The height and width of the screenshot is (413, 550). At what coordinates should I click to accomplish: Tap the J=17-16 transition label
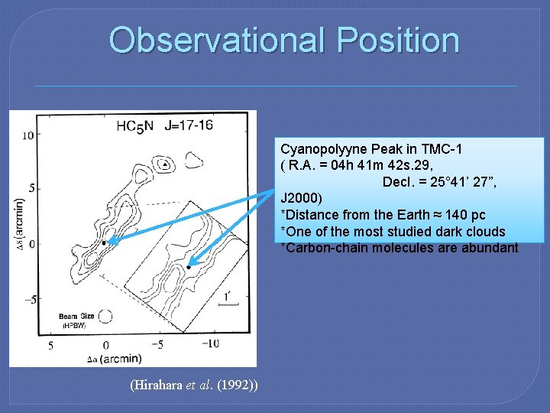pyautogui.click(x=188, y=125)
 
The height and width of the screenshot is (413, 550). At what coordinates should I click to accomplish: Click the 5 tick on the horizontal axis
pyautogui.click(x=50, y=345)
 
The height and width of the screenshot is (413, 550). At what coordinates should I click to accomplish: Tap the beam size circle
pyautogui.click(x=105, y=316)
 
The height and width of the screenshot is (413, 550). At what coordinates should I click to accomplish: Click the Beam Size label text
pyautogui.click(x=75, y=316)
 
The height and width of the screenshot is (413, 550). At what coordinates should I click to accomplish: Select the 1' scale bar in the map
pyautogui.click(x=228, y=303)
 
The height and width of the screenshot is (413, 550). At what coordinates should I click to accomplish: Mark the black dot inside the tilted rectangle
pyautogui.click(x=188, y=267)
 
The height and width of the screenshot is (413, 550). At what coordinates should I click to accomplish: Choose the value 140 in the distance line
pyautogui.click(x=437, y=215)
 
